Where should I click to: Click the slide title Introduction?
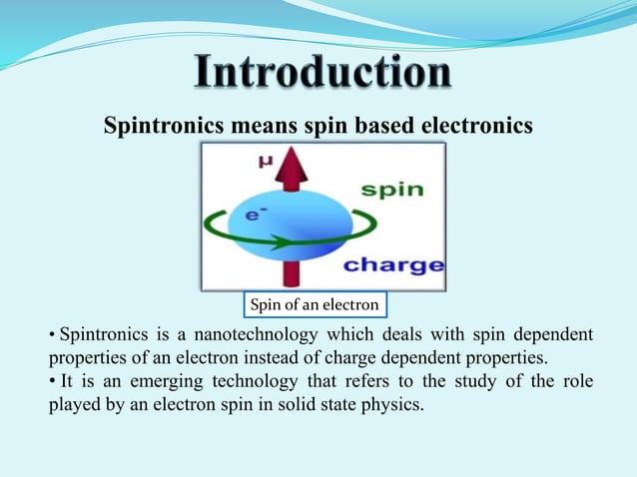tap(321, 76)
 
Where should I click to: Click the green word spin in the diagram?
tap(391, 190)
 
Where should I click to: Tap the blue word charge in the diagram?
tap(392, 265)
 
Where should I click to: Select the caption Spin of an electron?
tap(316, 303)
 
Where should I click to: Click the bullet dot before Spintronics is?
tap(53, 334)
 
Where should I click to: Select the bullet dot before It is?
tap(53, 381)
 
